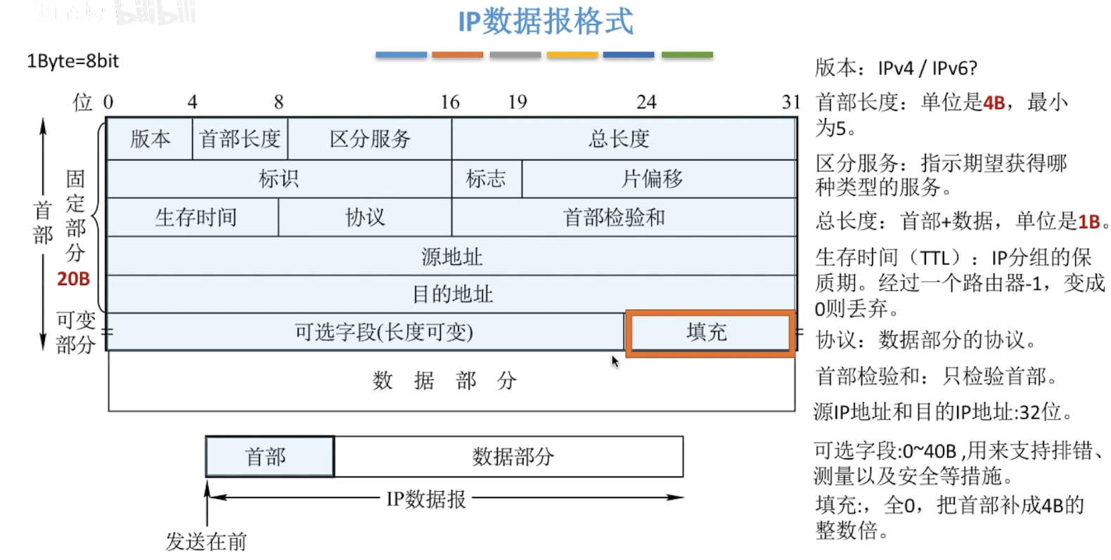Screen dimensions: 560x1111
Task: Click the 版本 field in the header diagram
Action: [x=150, y=138]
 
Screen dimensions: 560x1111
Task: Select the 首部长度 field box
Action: [x=240, y=138]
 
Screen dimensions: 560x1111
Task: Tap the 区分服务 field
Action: [x=370, y=138]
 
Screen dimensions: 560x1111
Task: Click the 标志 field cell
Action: [x=486, y=178]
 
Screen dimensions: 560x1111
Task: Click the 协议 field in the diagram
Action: [x=365, y=217]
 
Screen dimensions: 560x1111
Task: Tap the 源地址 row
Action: [x=451, y=256]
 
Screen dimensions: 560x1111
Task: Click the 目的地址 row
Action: [x=451, y=294]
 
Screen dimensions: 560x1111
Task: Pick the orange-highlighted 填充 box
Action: [x=709, y=332]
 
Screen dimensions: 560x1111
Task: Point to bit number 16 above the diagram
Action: [x=450, y=103]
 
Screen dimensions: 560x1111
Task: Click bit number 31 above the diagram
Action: [x=791, y=103]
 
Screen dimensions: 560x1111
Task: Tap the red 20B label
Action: [x=73, y=279]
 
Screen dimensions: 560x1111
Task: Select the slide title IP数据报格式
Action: [x=546, y=21]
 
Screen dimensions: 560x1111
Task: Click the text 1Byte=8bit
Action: [x=73, y=61]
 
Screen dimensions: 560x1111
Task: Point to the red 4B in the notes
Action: [x=994, y=103]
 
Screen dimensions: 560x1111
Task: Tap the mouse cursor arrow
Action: [x=615, y=361]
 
